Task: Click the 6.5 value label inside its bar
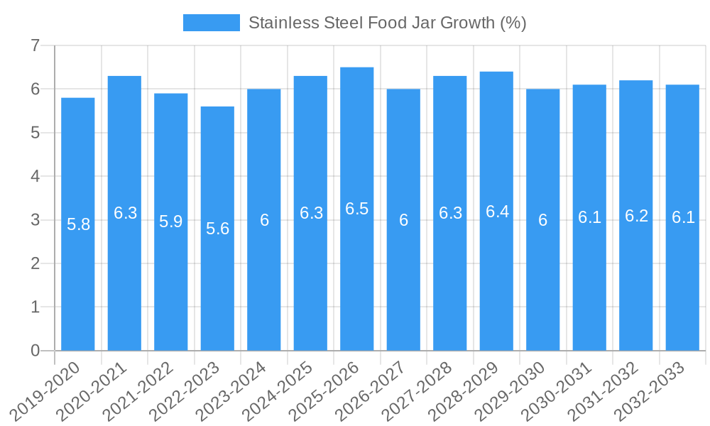coord(357,209)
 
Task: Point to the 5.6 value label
coord(217,229)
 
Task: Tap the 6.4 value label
coord(496,211)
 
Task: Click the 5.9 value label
coord(171,222)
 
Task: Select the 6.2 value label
coord(636,216)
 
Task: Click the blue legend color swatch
coord(211,23)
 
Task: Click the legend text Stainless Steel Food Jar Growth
coord(387,23)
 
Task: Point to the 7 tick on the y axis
coord(35,45)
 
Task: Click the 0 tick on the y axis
coord(35,351)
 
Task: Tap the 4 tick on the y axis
coord(35,176)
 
